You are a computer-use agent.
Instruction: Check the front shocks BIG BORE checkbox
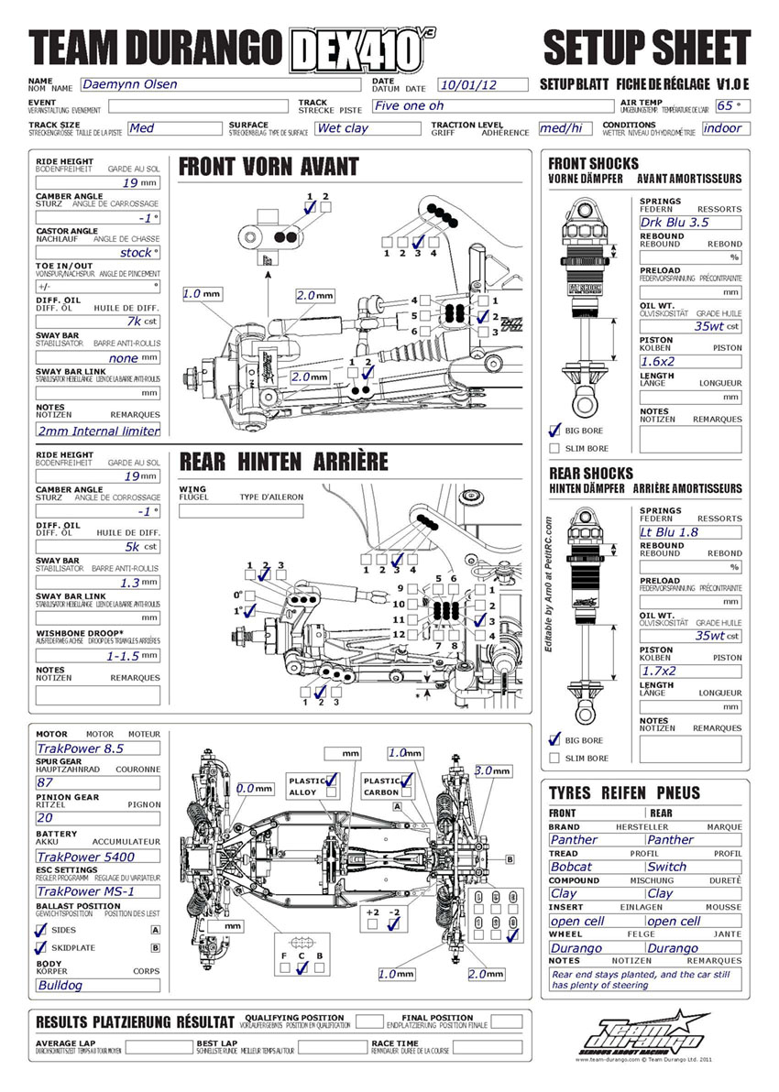pyautogui.click(x=554, y=430)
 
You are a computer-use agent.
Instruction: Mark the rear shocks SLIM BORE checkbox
pyautogui.click(x=554, y=758)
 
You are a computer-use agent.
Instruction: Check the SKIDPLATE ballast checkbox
pyautogui.click(x=40, y=947)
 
